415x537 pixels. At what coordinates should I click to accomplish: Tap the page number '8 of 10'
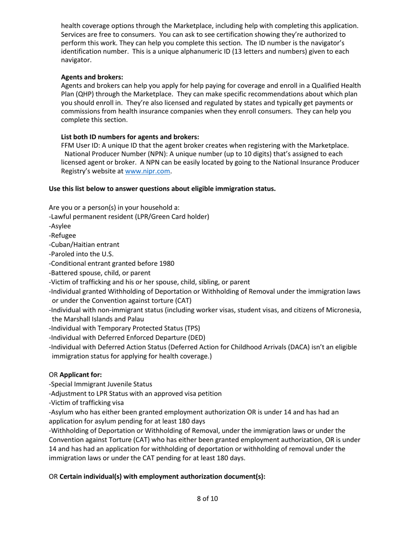[207, 499]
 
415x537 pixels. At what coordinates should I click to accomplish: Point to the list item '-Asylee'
[60, 226]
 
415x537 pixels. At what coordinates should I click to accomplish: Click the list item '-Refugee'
[62, 235]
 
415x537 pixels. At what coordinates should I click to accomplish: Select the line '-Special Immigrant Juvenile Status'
[100, 384]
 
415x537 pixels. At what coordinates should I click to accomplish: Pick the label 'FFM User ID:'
[80, 145]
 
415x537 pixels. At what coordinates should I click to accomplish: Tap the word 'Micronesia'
[345, 310]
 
